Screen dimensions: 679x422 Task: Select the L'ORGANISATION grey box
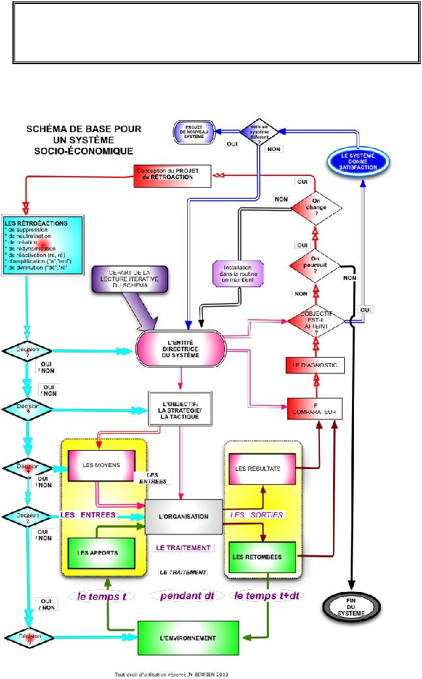pyautogui.click(x=184, y=517)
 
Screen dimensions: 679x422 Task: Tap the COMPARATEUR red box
pyautogui.click(x=316, y=409)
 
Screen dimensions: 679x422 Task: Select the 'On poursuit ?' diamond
pyautogui.click(x=316, y=266)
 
